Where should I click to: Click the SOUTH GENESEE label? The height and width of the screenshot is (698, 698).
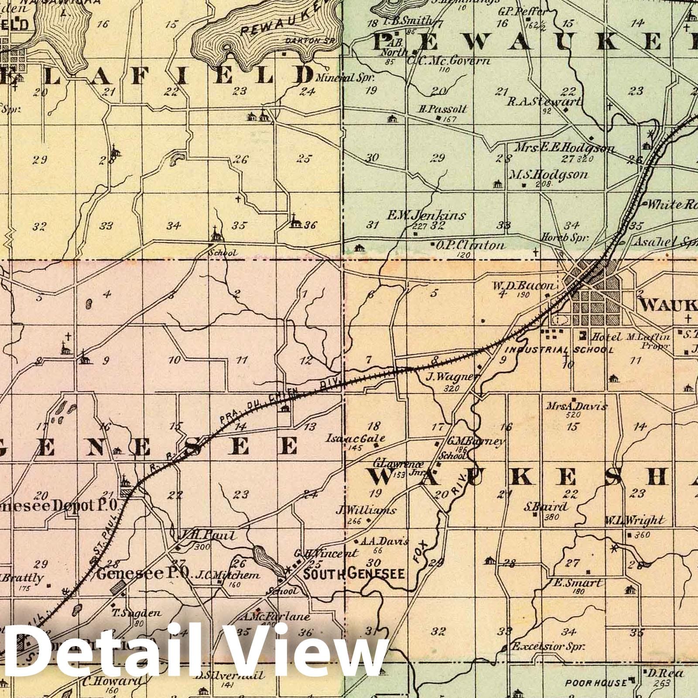pyautogui.click(x=354, y=574)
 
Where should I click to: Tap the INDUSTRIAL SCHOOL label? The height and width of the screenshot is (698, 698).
pyautogui.click(x=560, y=350)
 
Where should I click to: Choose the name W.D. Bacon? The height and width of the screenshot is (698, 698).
pyautogui.click(x=524, y=286)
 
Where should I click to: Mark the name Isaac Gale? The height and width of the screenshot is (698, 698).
pyautogui.click(x=356, y=438)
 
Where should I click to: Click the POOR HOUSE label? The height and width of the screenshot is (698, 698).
pyautogui.click(x=596, y=682)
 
